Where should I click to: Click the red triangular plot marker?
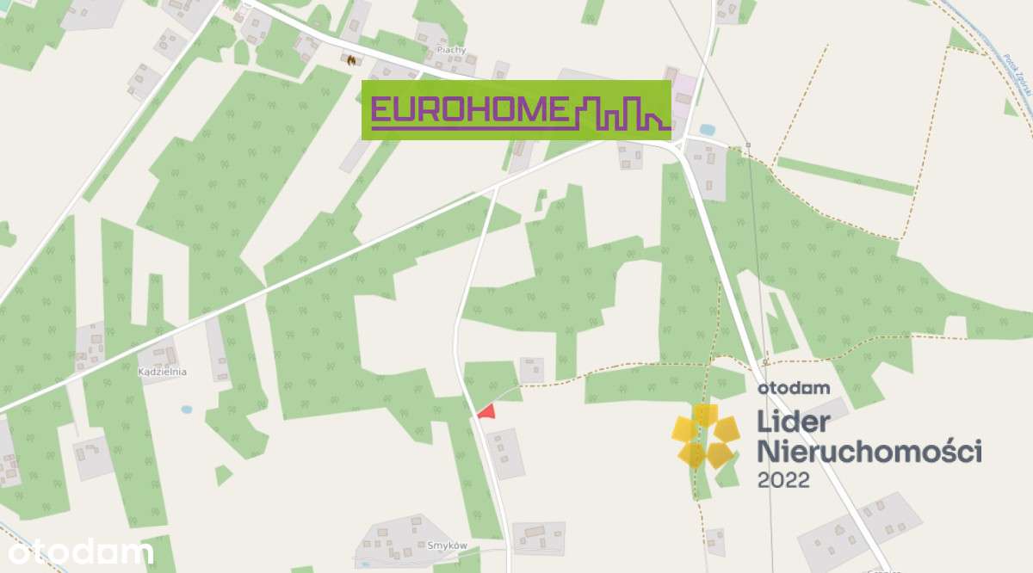487,412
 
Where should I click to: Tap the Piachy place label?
451,50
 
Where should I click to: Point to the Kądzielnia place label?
162,372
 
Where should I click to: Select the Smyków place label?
447,545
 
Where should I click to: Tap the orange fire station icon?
351,59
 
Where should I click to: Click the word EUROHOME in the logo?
469,110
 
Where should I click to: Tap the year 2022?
783,480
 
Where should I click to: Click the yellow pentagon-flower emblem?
705,437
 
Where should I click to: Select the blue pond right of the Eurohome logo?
707,130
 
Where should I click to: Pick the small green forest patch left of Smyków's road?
223,474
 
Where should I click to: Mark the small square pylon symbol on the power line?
748,144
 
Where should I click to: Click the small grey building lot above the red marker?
531,369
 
